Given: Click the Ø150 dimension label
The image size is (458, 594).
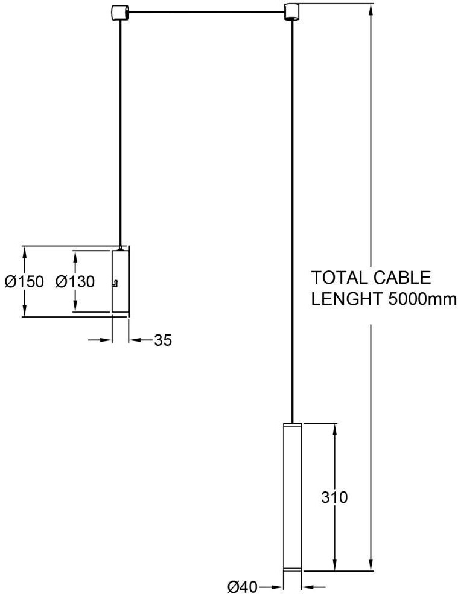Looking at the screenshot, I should coord(24,281).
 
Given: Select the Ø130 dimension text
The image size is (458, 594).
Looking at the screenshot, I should coord(75,281).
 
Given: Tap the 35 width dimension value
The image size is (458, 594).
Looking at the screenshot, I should coord(163,340).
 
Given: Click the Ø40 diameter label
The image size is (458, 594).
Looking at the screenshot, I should coord(243,586).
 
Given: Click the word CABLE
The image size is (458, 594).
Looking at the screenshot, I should coord(401,278).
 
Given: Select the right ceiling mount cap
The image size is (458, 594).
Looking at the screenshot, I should coord(293,11).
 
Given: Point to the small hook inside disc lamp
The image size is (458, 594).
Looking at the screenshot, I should coord(115,283).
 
